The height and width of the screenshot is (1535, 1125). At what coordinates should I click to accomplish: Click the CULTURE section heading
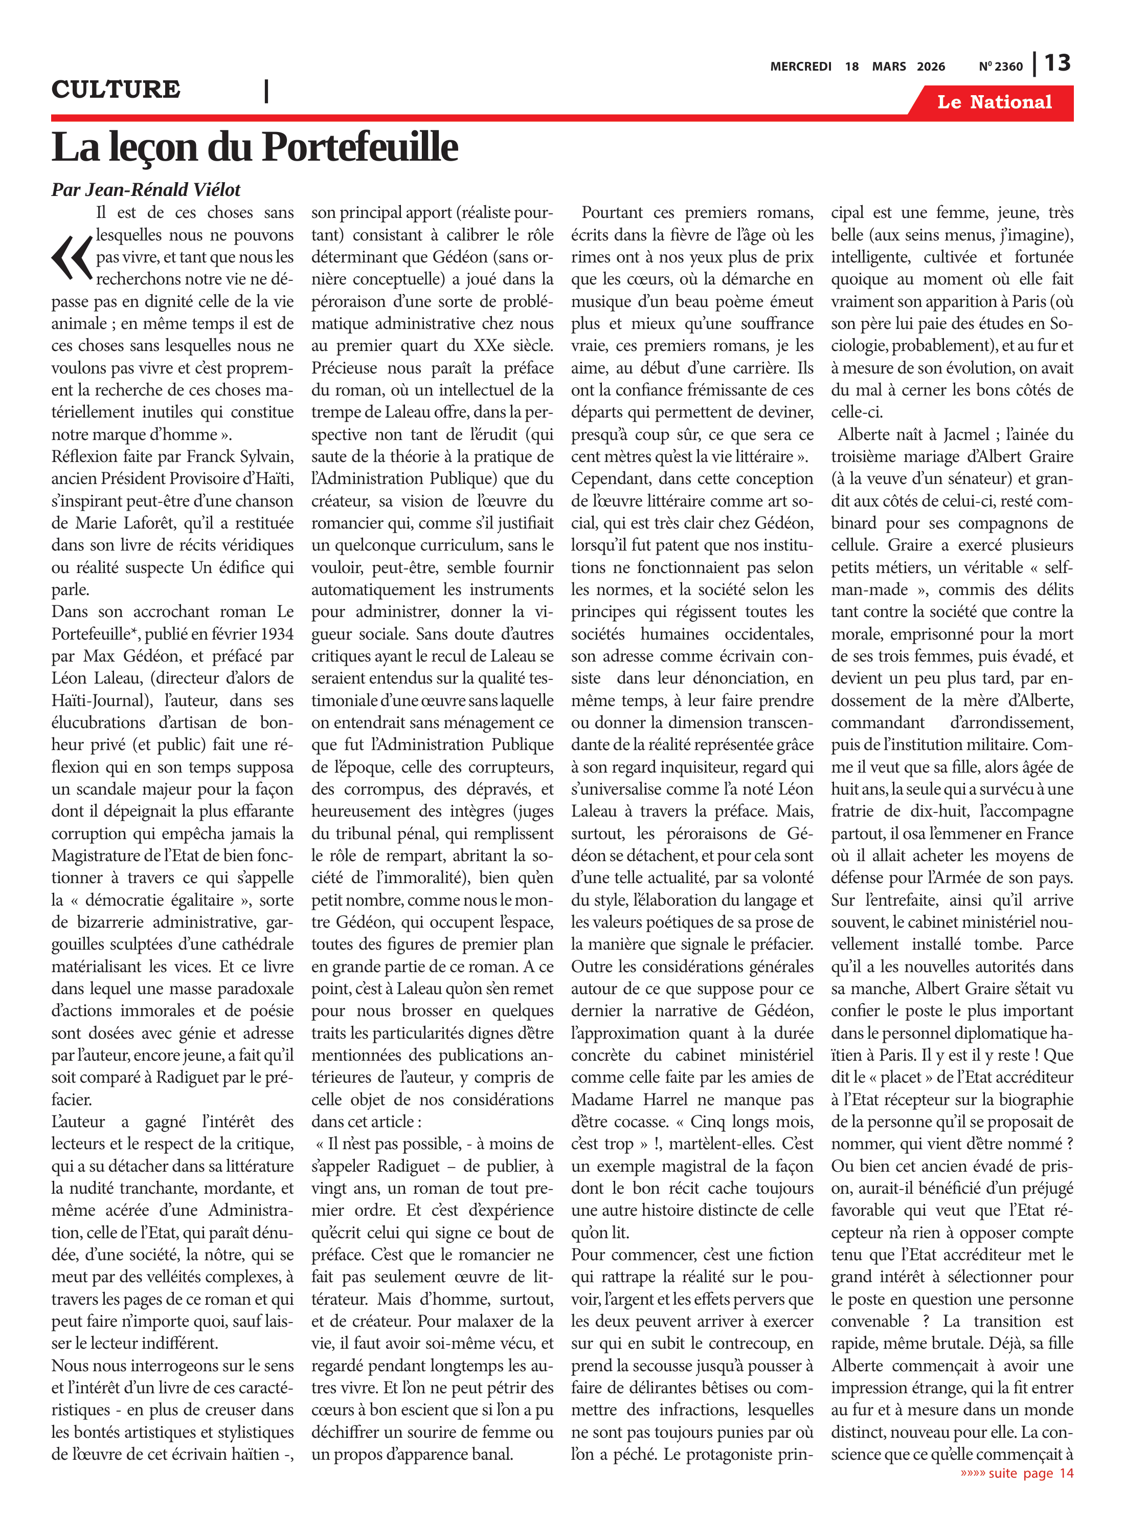click(x=116, y=89)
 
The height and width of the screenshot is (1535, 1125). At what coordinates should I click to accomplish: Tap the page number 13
click(x=1057, y=63)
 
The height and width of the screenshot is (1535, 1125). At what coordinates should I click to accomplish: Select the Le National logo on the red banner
click(x=994, y=102)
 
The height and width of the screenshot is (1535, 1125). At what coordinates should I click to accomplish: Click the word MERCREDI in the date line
click(x=800, y=67)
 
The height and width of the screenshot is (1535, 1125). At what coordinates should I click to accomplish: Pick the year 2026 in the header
click(x=930, y=67)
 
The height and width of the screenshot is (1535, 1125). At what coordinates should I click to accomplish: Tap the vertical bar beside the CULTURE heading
click(x=266, y=91)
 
